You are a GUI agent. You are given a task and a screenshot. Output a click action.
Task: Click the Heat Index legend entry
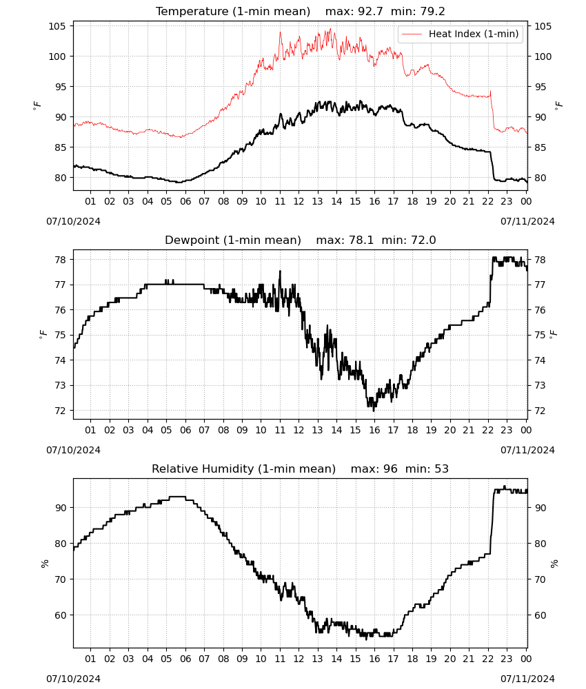(x=461, y=34)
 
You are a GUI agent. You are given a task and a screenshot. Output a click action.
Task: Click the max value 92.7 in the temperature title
(x=370, y=12)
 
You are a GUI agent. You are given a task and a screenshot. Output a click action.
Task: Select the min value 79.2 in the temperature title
(x=432, y=12)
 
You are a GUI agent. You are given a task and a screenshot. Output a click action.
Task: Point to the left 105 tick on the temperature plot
(x=57, y=26)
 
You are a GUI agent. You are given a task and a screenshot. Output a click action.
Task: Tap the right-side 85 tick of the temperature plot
(x=540, y=147)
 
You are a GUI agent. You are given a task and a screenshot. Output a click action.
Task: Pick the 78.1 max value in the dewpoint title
(x=361, y=240)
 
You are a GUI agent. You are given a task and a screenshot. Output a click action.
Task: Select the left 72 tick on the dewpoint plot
(x=60, y=411)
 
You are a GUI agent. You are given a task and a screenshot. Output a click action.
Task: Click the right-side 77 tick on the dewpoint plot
(x=540, y=285)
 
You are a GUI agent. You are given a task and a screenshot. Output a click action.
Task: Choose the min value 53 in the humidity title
(x=441, y=469)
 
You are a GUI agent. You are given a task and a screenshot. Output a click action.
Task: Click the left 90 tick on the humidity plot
(x=60, y=508)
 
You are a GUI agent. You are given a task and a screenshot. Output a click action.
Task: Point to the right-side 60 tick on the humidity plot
(x=540, y=615)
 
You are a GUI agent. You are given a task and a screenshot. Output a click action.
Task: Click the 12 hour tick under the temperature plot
(x=299, y=202)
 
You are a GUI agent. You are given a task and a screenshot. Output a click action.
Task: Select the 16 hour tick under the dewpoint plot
(x=374, y=430)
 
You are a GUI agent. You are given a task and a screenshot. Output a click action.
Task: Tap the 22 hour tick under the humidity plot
(x=488, y=659)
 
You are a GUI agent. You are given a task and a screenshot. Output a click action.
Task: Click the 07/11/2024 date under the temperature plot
(x=527, y=221)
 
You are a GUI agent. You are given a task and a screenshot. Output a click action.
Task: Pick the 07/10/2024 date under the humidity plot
(x=73, y=679)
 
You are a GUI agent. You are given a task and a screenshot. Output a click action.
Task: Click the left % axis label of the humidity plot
(x=44, y=564)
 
